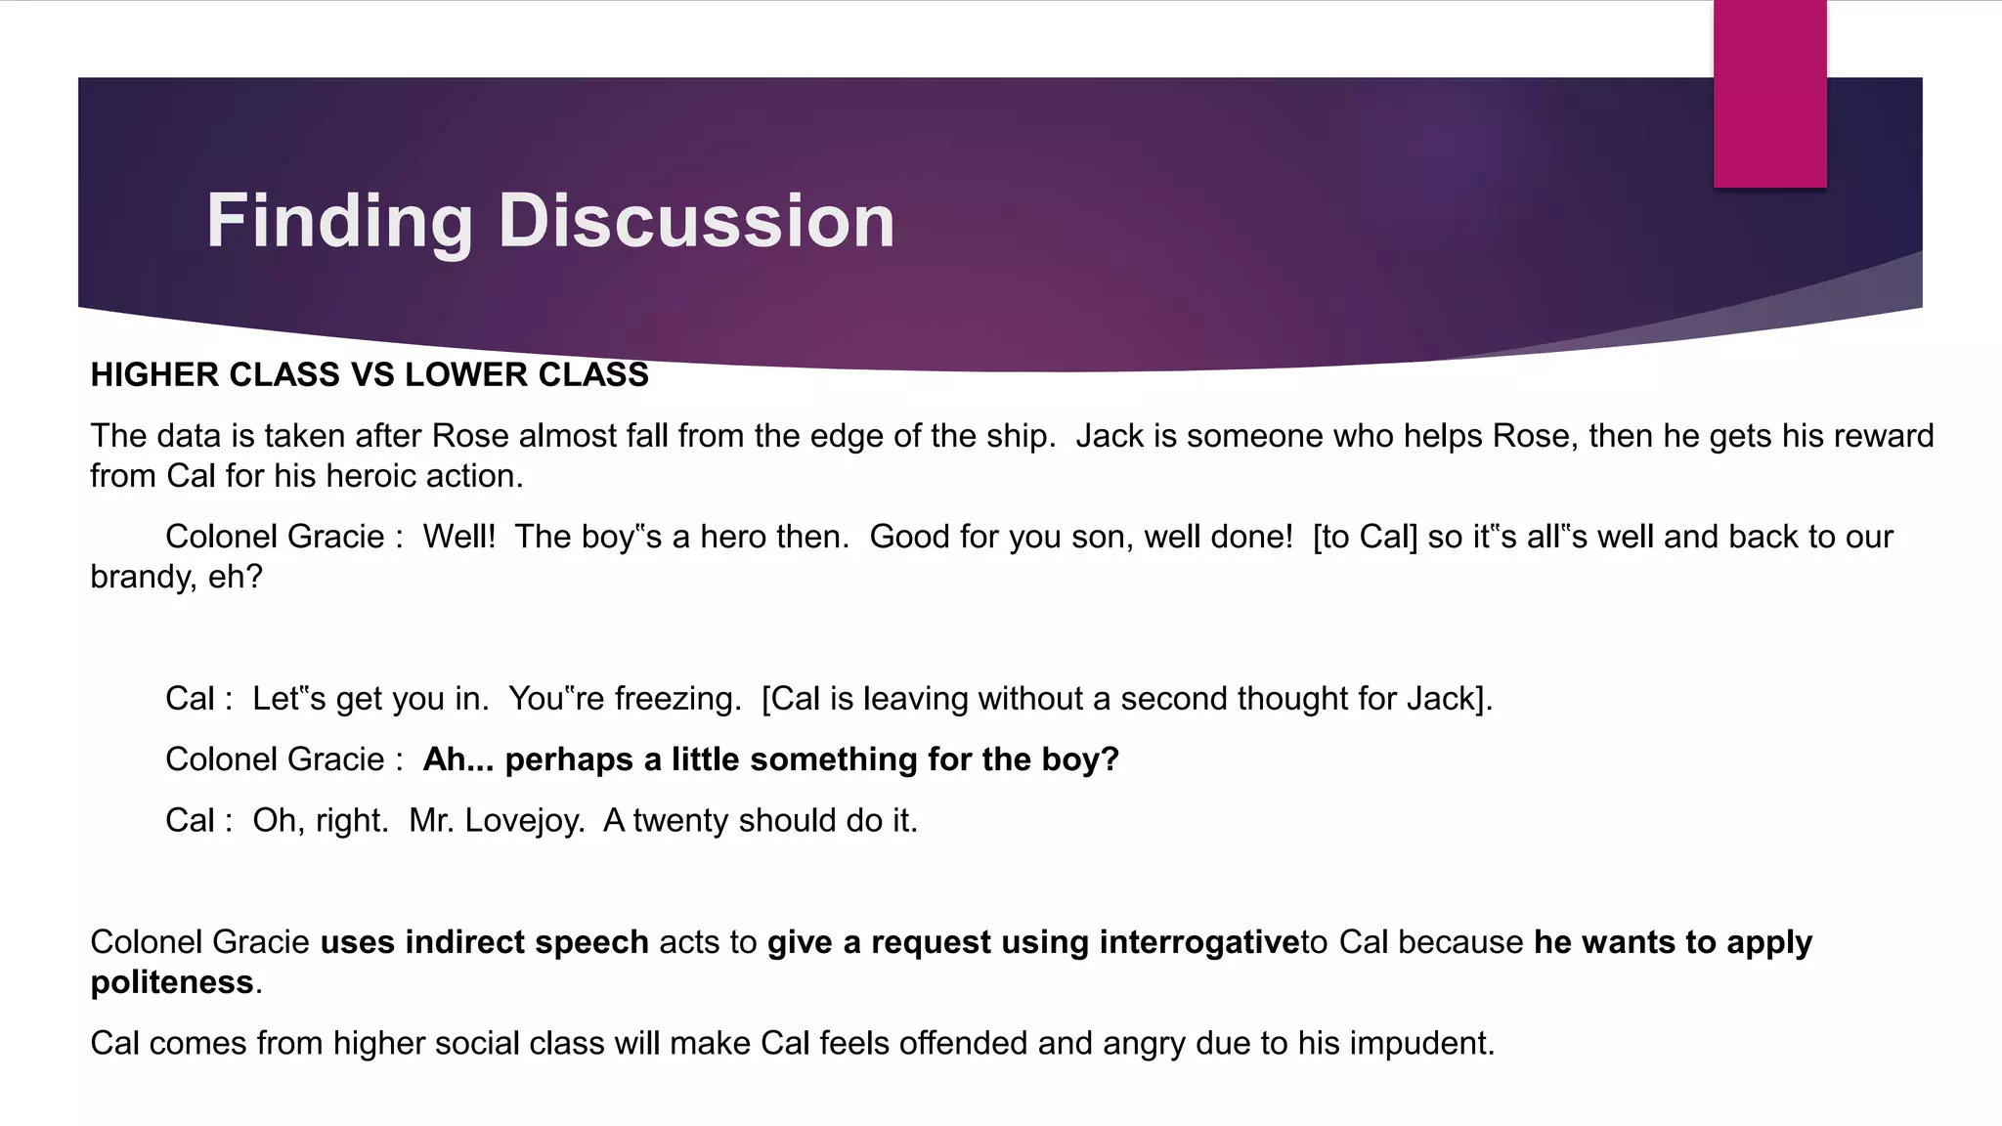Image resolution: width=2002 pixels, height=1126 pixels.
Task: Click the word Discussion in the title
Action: click(x=696, y=221)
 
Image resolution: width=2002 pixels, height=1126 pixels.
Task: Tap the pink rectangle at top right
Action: click(x=1769, y=93)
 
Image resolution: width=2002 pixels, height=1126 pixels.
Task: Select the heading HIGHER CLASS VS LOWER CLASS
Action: click(x=370, y=375)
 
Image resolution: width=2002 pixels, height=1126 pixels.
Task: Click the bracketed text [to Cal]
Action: click(x=1365, y=537)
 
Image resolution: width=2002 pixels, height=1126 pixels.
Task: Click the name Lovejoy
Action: click(x=523, y=820)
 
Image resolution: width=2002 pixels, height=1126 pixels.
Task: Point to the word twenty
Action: click(x=681, y=820)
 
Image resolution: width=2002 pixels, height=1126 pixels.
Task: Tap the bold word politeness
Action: click(x=172, y=982)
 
